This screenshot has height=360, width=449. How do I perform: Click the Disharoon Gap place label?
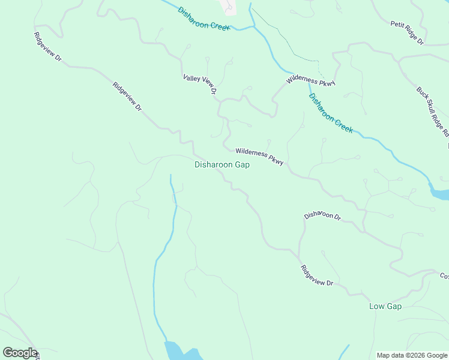pos(222,165)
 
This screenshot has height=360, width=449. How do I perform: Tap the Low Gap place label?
pos(385,307)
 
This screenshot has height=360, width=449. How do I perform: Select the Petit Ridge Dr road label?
pos(407,33)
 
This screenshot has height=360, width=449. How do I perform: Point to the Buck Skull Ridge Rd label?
pos(433,113)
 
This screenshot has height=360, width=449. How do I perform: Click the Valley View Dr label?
pos(199,85)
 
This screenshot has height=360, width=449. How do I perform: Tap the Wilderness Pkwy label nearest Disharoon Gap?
pos(259,157)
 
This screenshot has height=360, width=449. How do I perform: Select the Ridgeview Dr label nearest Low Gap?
pos(317,275)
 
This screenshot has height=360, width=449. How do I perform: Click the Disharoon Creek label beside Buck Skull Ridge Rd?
pos(331,113)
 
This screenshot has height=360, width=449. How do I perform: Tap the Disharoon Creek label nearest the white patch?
pos(204,20)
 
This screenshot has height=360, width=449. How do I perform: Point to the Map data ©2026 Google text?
pos(412,355)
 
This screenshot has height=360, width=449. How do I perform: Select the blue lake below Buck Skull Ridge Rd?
pos(440,193)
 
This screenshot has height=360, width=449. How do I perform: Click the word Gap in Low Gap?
pos(393,307)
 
